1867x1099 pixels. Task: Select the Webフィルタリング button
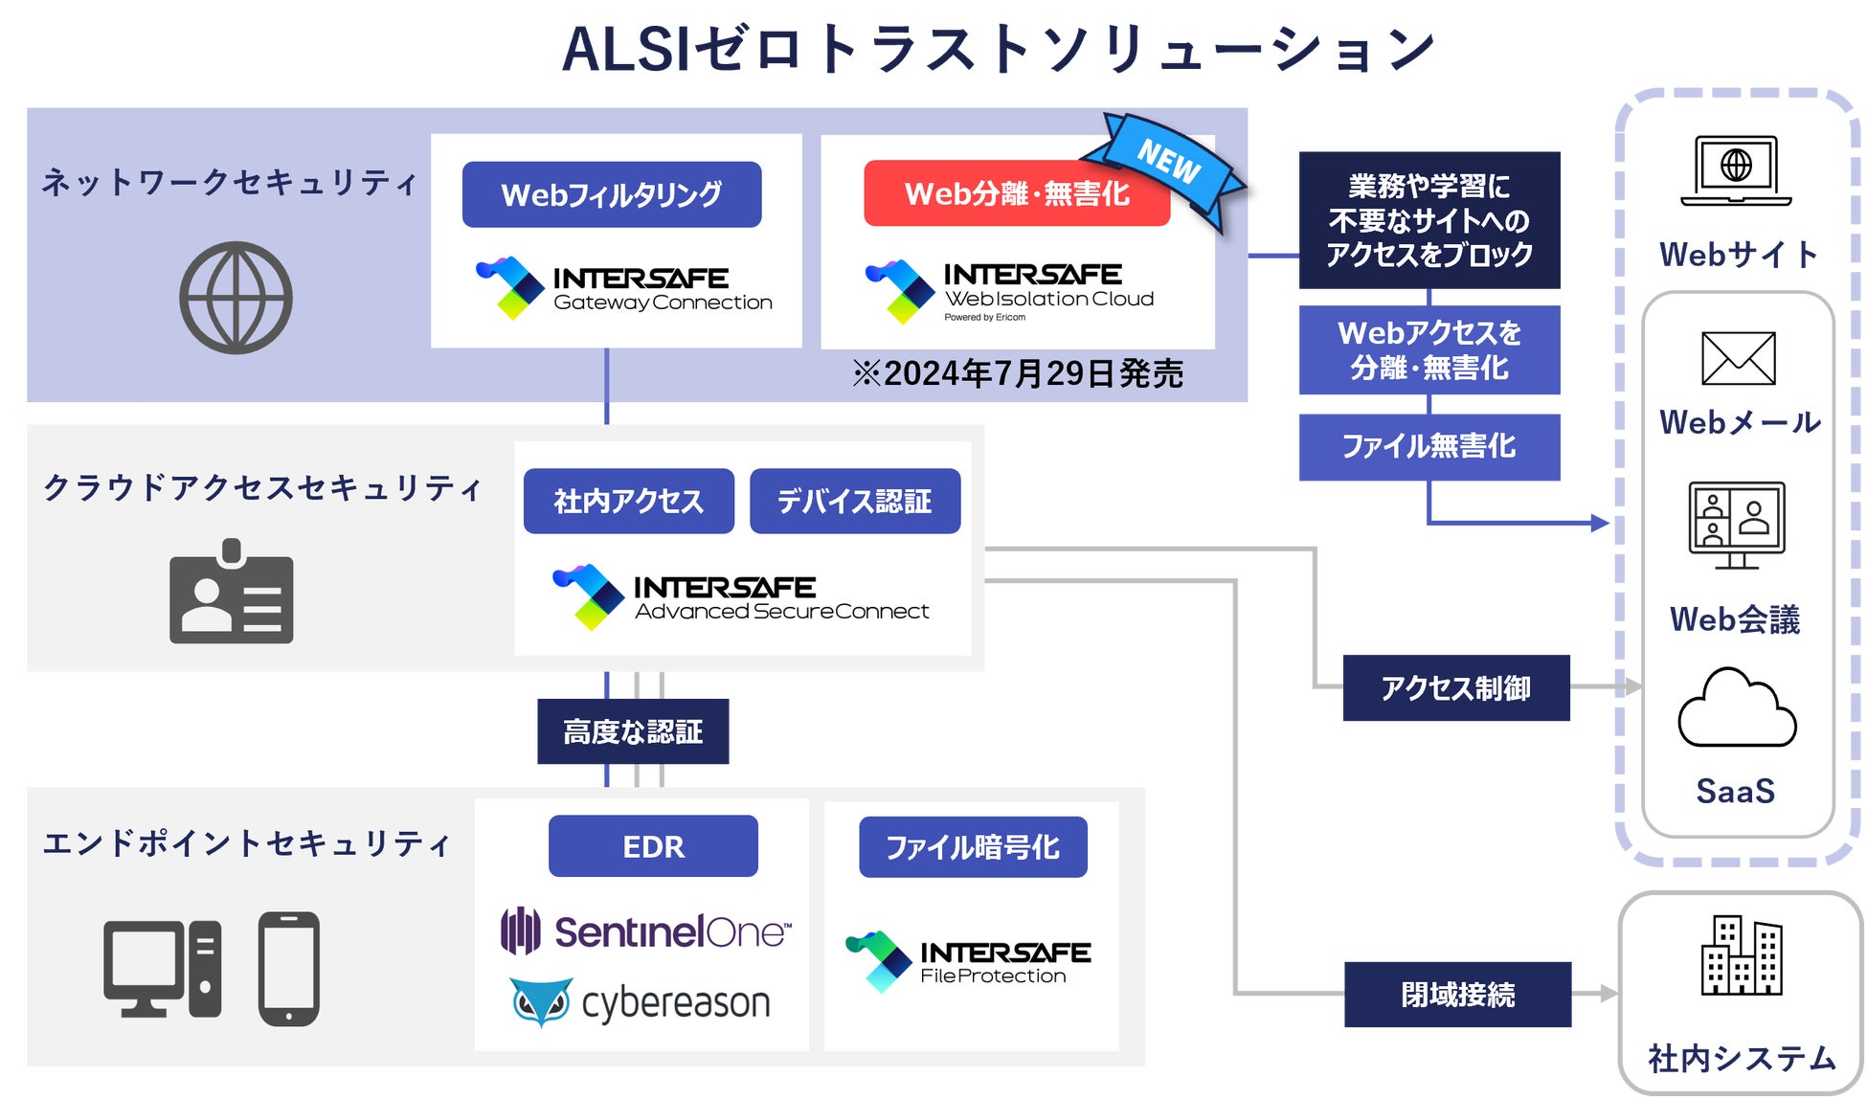(612, 194)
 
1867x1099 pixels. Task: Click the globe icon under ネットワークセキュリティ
(236, 298)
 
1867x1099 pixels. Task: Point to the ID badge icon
(232, 593)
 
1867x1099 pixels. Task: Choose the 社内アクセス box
(629, 501)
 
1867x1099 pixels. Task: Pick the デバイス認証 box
(855, 501)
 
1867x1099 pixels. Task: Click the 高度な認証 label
(633, 731)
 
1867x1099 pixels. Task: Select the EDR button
(653, 846)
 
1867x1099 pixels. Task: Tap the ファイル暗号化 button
(973, 847)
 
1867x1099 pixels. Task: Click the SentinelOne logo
(646, 931)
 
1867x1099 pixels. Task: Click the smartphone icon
(288, 969)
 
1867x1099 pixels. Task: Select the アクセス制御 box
(1456, 687)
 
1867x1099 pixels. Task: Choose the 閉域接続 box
(1457, 995)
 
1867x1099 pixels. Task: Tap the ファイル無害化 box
(1428, 446)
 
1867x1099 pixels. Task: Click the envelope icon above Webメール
(1739, 358)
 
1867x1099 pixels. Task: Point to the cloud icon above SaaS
(1737, 708)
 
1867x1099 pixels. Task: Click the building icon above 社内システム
(1742, 954)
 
